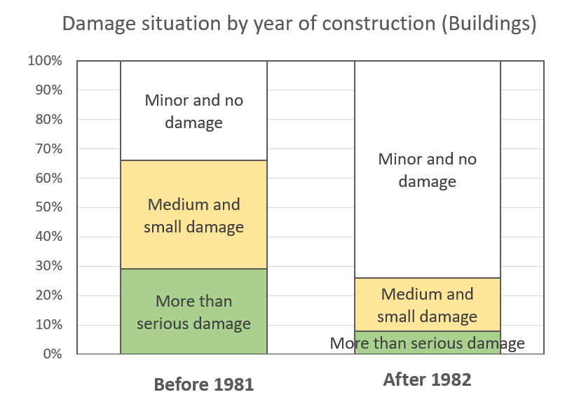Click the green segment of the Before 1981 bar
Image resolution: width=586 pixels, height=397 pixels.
(193, 311)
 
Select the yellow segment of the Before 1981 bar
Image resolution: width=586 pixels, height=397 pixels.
(193, 215)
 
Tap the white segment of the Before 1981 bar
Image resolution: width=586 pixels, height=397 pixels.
(193, 111)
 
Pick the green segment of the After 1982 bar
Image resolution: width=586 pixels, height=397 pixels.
(427, 342)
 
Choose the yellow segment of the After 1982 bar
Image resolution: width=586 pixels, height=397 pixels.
(427, 305)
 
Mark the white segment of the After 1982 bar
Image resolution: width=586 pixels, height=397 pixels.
(427, 169)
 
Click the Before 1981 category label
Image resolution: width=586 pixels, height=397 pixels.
(204, 384)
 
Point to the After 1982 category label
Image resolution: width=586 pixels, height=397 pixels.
(427, 379)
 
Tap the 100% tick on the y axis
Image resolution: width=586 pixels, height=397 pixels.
(45, 60)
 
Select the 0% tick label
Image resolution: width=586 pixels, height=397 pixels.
(53, 354)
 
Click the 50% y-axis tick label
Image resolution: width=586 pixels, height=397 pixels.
(48, 207)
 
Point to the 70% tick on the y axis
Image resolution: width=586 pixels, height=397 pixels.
(48, 148)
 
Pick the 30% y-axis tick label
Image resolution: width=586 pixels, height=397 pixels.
(48, 265)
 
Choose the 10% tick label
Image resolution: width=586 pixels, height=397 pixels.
(48, 324)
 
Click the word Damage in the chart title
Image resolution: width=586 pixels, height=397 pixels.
(99, 25)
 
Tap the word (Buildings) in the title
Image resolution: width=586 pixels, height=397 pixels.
(489, 24)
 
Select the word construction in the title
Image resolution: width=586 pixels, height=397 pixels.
(379, 23)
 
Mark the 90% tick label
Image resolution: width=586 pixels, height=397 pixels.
(48, 90)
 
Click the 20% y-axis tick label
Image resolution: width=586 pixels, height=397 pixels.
(48, 295)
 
